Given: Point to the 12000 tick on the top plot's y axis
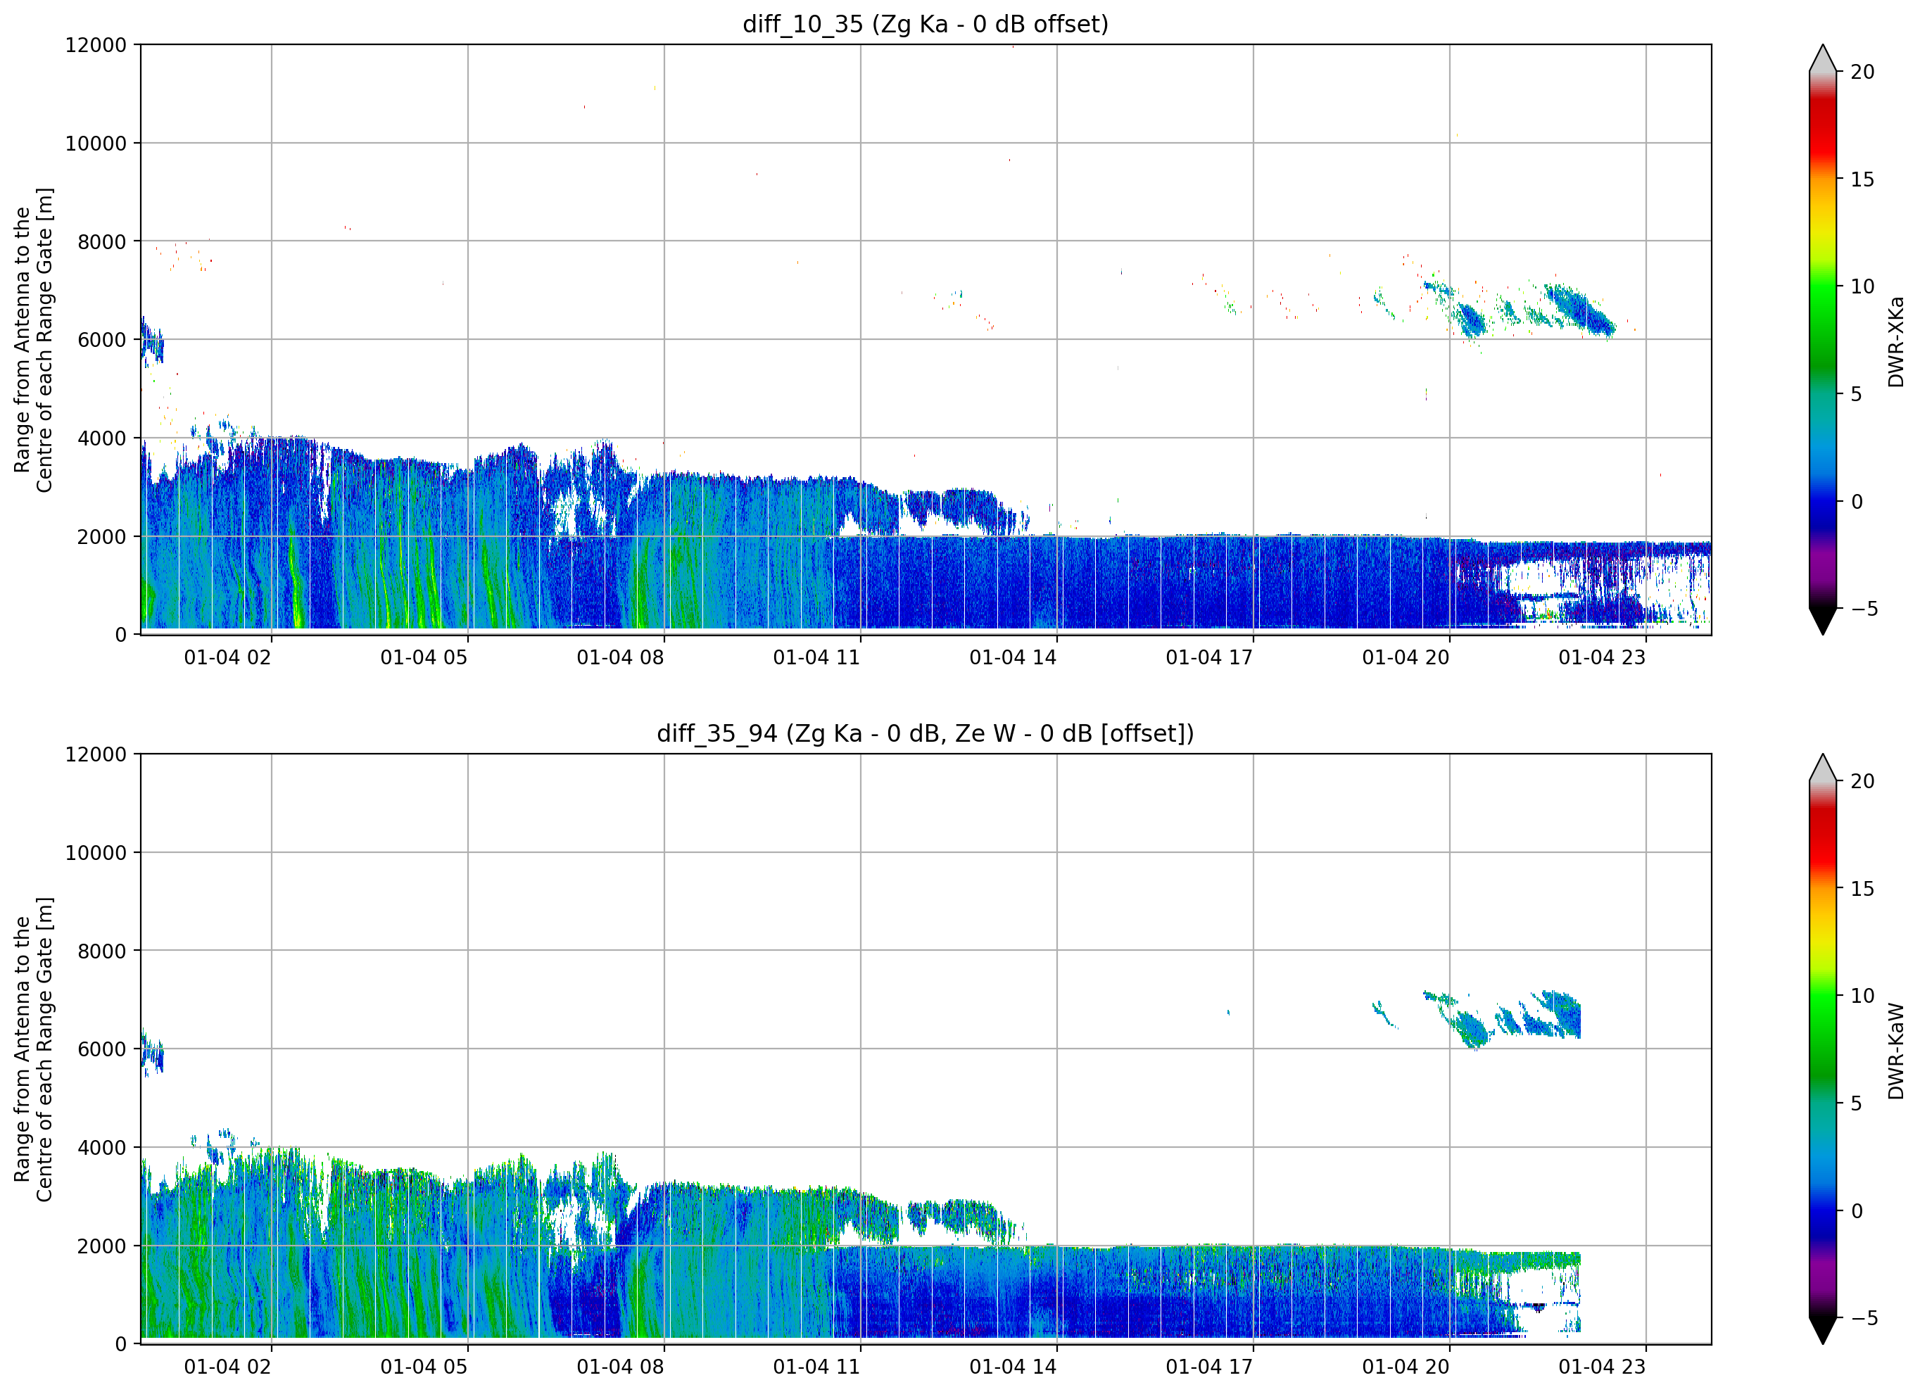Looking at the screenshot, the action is pos(96,45).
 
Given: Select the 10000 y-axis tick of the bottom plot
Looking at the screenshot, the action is pos(96,853).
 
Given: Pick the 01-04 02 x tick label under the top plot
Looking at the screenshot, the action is pos(228,658).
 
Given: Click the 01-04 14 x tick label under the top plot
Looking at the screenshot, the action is pos(1013,658).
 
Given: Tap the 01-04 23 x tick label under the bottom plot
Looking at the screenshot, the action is pos(1603,1367).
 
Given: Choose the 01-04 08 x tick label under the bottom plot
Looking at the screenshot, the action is pos(621,1367).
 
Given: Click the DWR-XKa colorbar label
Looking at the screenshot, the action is pos(1896,342).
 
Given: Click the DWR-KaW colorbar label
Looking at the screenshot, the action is pos(1896,1051).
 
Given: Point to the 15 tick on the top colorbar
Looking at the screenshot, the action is pos(1862,179).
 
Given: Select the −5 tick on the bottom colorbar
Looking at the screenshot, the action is pos(1858,1318).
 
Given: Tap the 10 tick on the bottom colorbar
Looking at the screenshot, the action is pos(1862,996).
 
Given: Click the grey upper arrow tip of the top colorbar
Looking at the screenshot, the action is pos(1823,46).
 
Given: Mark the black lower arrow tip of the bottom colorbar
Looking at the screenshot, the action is pos(1823,1343).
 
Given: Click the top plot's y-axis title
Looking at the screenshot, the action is pos(34,339).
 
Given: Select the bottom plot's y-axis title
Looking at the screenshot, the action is pos(34,1049).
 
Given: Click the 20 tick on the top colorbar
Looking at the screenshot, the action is pos(1862,72).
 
